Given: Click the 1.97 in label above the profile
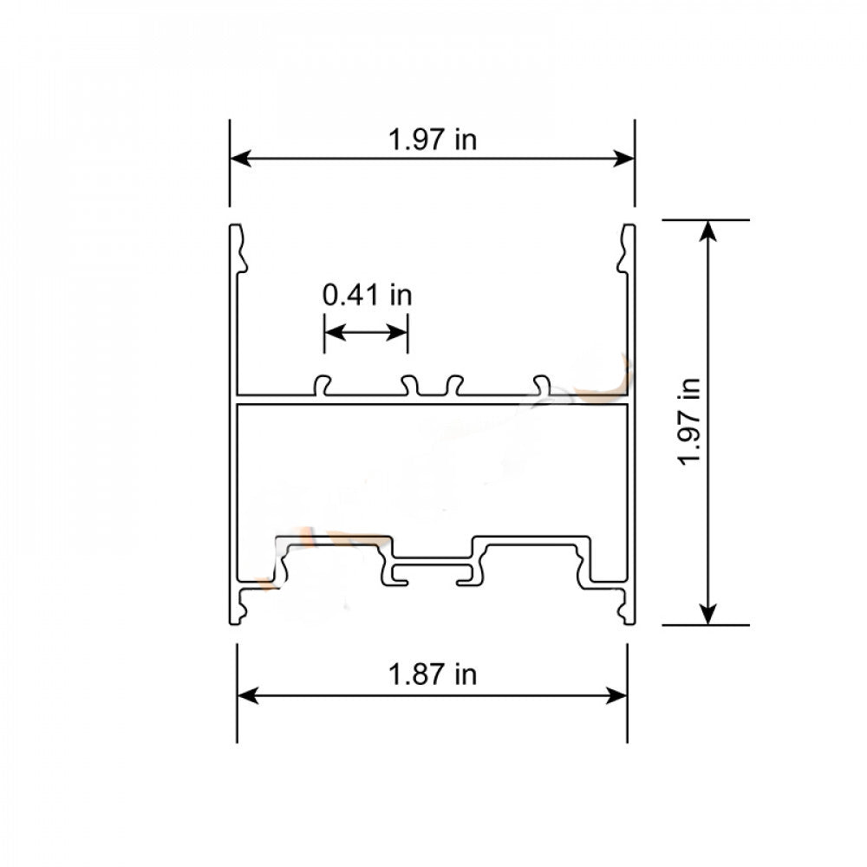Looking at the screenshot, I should [x=433, y=140].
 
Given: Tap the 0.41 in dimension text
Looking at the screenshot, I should [x=367, y=296].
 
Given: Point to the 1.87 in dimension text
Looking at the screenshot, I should [x=433, y=674].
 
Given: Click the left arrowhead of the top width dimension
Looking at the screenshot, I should [x=240, y=159].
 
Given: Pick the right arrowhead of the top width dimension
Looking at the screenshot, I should [x=624, y=159].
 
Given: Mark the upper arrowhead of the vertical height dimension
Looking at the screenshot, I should [x=709, y=231].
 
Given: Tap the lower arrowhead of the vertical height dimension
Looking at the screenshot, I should [x=709, y=613].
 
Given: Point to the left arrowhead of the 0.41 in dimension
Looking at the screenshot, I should [x=333, y=332].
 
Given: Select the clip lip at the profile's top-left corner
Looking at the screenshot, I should [x=237, y=247].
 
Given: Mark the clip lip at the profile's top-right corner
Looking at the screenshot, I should [x=628, y=247].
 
